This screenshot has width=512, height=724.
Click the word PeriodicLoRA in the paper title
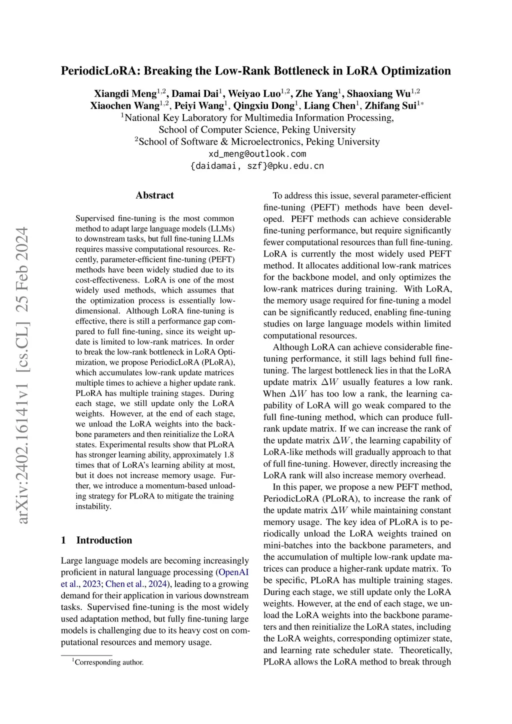(97, 71)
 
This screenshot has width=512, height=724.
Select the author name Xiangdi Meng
(125, 93)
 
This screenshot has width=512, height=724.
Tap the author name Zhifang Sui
(393, 105)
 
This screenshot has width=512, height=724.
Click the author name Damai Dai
(195, 93)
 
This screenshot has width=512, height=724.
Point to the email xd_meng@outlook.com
(257, 154)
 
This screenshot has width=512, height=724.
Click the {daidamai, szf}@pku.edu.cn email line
(257, 166)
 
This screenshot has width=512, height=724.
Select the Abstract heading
(154, 195)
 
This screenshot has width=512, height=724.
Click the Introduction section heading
(104, 540)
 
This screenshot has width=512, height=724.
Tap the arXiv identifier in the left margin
(22, 375)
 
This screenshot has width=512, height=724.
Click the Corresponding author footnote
(108, 662)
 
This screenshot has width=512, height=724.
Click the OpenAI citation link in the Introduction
(233, 572)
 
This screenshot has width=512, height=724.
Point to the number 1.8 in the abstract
(227, 455)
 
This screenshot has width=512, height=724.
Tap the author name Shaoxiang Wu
(378, 93)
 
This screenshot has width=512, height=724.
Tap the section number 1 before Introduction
(63, 540)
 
